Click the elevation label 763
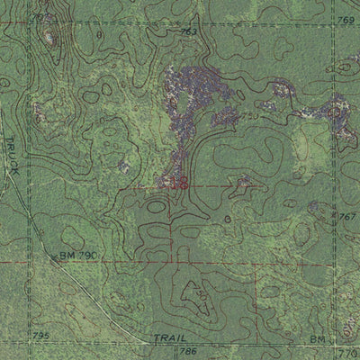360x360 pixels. [x=188, y=32]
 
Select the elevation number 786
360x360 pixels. [x=188, y=350]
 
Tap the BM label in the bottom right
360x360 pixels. [x=317, y=339]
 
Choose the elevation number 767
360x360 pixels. [x=347, y=217]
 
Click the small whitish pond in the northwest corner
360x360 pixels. [x=47, y=38]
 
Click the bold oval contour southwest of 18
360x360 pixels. [x=157, y=206]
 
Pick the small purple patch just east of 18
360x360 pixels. [x=243, y=181]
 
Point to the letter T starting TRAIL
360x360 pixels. [x=154, y=337]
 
